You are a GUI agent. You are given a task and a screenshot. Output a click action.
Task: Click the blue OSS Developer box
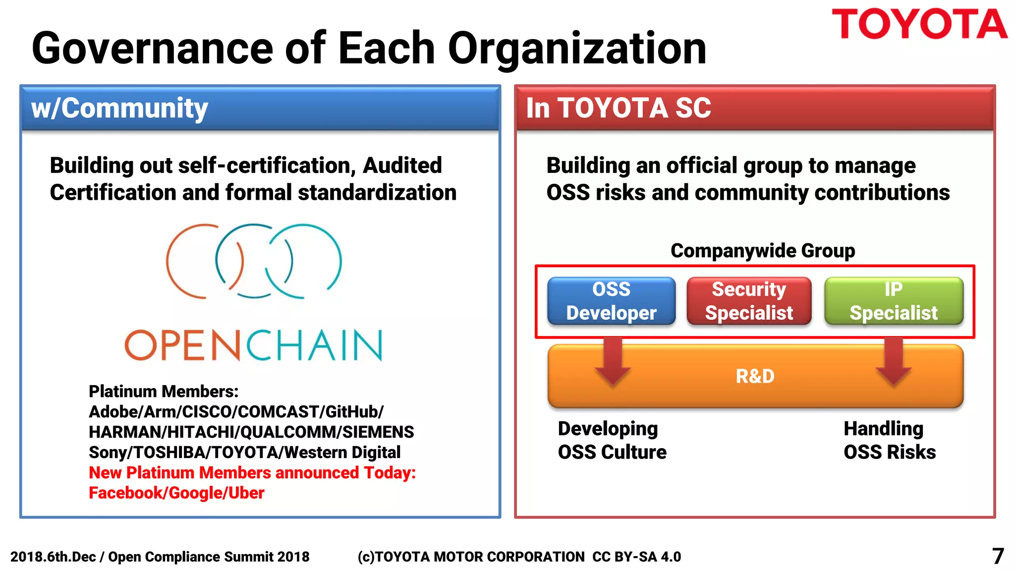click(x=611, y=301)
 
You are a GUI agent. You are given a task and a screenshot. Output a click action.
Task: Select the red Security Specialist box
click(x=749, y=301)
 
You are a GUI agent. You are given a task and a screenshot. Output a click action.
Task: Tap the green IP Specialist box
click(x=894, y=301)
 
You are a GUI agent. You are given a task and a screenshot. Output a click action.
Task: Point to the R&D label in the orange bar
click(x=755, y=376)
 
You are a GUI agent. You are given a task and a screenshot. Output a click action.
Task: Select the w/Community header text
click(x=119, y=108)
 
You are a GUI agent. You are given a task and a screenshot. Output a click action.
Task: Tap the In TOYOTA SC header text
click(x=618, y=108)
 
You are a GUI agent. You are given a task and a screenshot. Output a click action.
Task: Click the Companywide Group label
click(x=762, y=251)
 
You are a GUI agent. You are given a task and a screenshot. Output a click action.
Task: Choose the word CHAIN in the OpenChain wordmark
click(x=314, y=345)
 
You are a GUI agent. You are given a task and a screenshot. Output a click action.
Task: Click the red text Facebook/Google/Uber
click(x=176, y=493)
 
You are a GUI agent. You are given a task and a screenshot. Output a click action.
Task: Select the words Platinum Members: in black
click(x=164, y=392)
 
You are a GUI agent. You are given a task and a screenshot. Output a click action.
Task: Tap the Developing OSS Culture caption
click(x=612, y=440)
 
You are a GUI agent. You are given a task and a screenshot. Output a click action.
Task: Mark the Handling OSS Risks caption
click(x=889, y=440)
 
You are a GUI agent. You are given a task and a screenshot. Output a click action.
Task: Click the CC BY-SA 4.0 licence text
click(x=637, y=557)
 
